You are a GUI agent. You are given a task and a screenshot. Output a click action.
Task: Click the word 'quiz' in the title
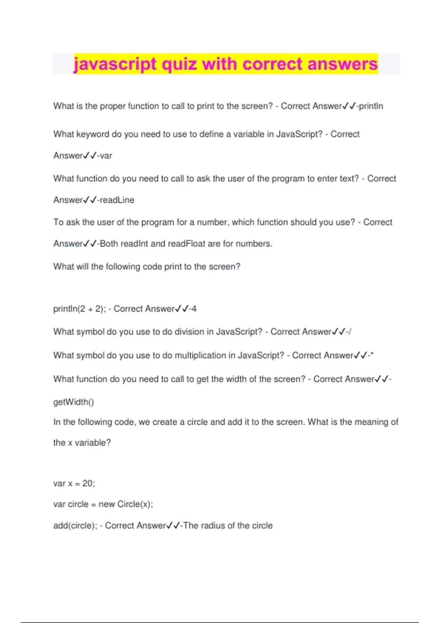point(180,64)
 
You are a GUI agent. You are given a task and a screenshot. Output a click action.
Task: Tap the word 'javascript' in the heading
point(115,64)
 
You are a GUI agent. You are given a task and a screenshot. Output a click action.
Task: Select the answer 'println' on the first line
point(371,106)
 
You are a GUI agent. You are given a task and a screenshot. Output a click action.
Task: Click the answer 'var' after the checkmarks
point(106,156)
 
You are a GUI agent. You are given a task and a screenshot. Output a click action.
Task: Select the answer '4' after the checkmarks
point(194,309)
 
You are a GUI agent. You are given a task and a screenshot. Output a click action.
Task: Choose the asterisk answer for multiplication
point(372,355)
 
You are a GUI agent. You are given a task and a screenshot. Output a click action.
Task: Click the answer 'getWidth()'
point(74,402)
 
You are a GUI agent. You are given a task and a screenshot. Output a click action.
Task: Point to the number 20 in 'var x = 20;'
point(88,484)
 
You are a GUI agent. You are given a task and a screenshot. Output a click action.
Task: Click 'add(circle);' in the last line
point(75,526)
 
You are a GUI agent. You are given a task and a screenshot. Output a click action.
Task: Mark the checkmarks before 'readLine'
point(90,200)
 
